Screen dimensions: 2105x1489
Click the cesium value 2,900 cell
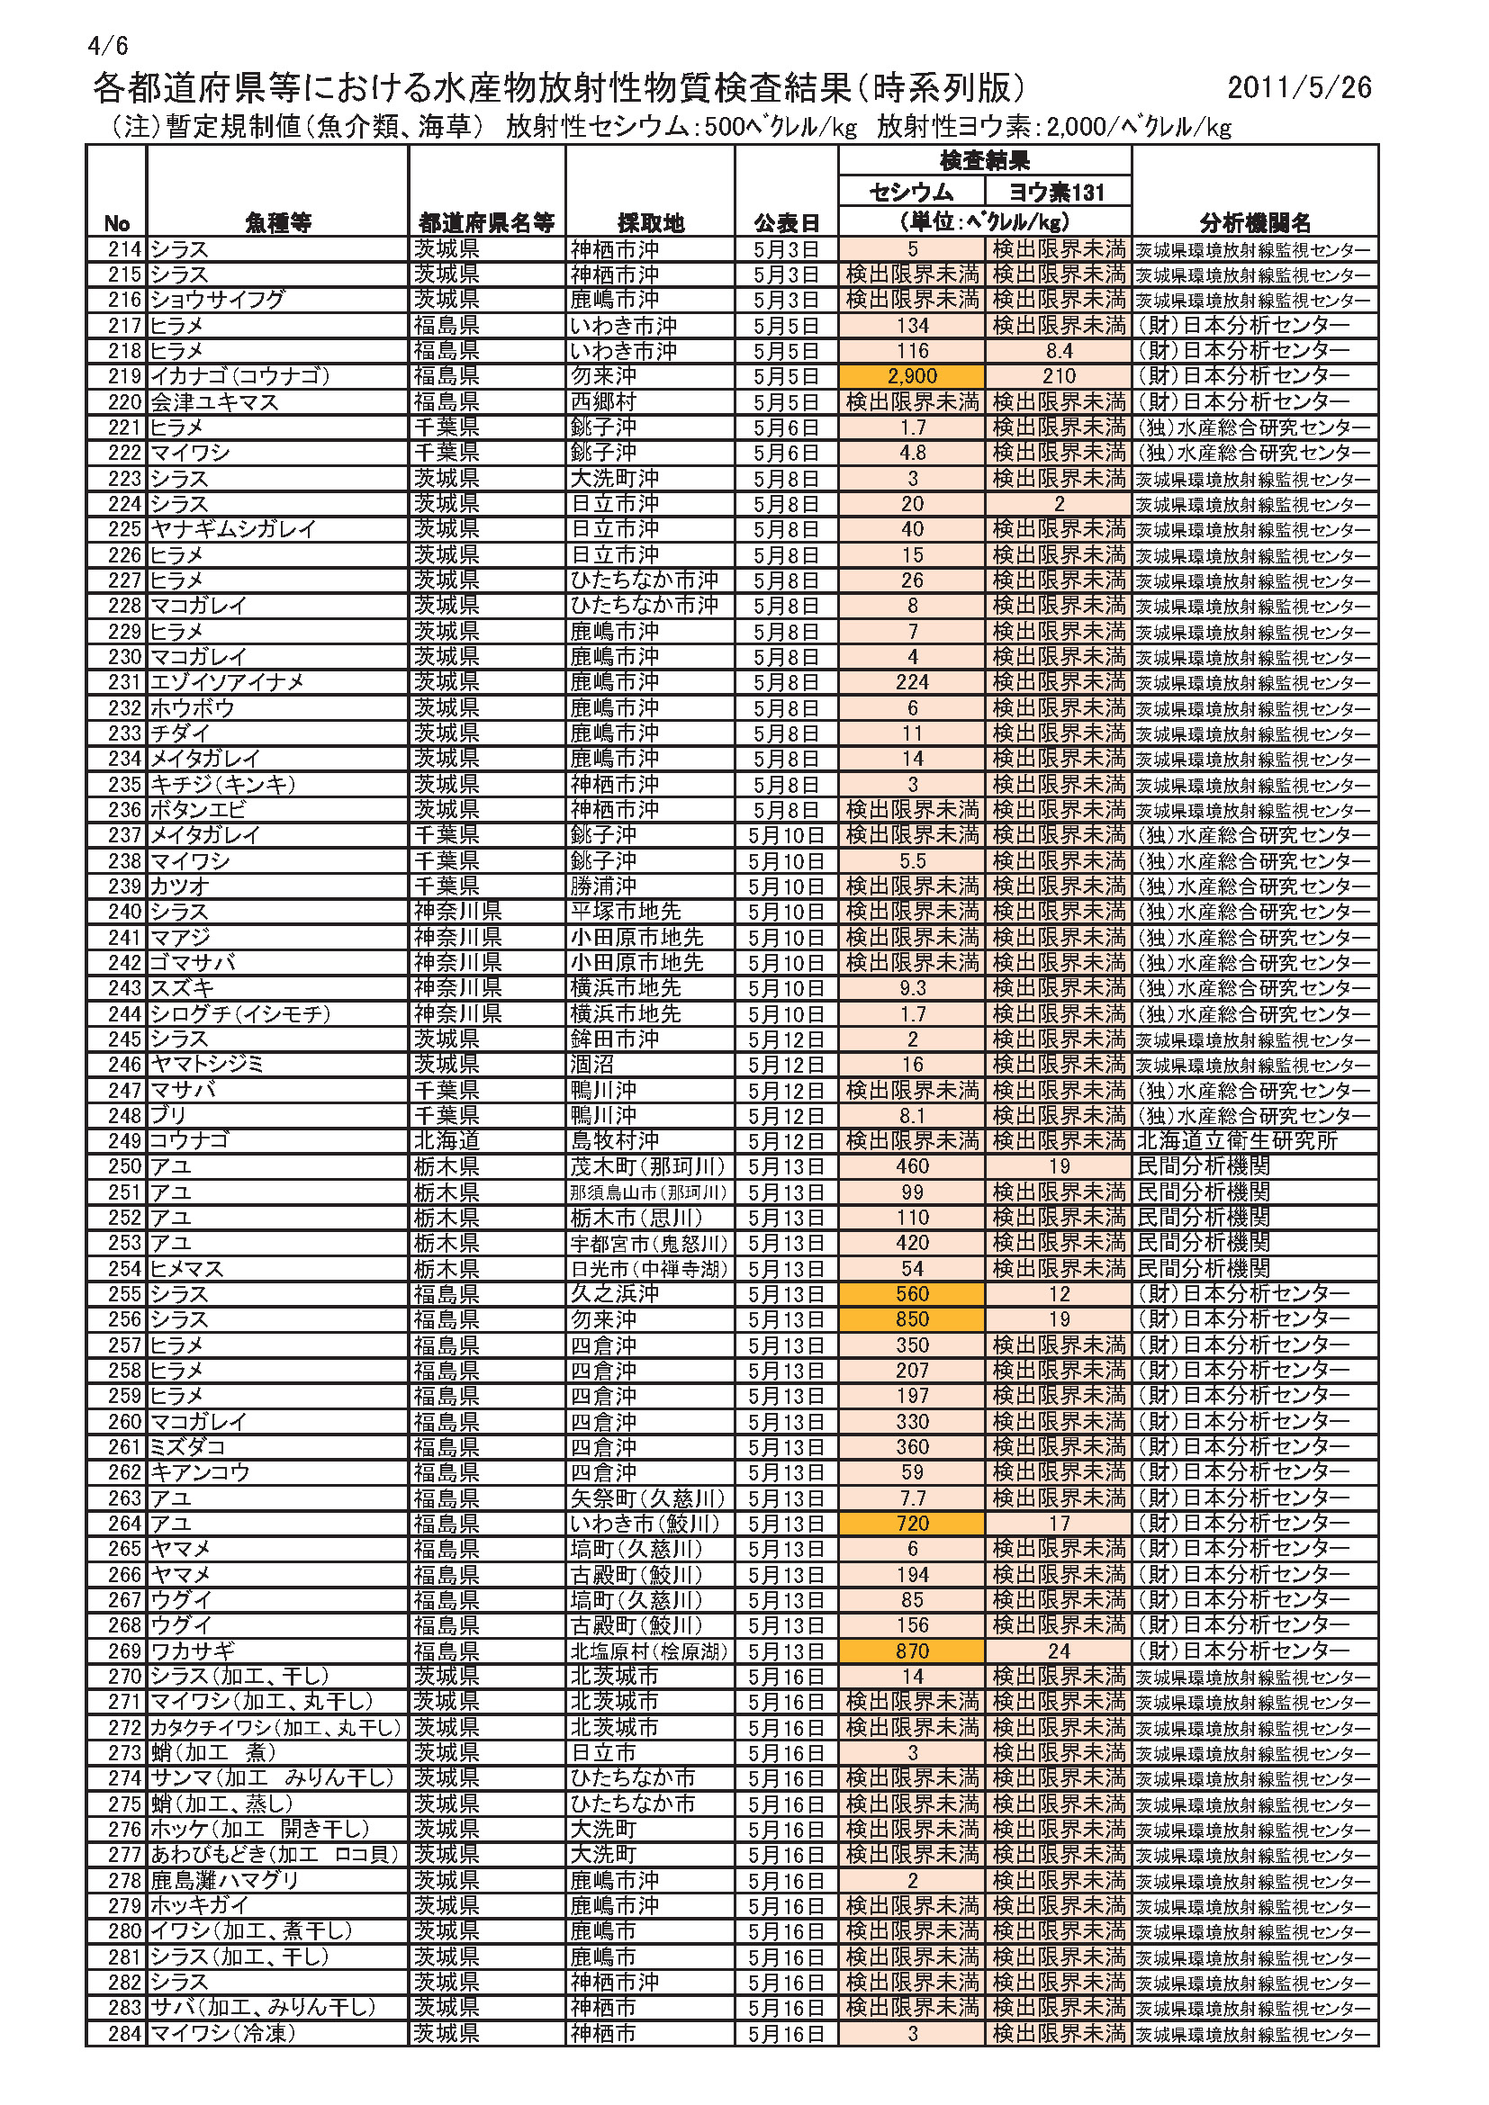coord(911,376)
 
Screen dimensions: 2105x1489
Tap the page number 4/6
coord(108,45)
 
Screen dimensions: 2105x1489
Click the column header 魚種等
coord(278,223)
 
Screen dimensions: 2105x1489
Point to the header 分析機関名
coord(1254,223)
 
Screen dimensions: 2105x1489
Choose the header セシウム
coord(911,192)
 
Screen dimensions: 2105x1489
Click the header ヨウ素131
coord(1058,192)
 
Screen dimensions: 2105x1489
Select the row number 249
coord(125,1140)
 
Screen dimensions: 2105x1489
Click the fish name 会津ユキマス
coord(214,401)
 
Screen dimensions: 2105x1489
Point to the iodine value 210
coord(1058,376)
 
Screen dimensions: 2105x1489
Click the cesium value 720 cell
coord(911,1524)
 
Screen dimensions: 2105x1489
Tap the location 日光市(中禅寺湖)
coord(649,1269)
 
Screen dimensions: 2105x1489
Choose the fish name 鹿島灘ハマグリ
coord(226,1881)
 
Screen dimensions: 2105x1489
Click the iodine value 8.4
coord(1058,350)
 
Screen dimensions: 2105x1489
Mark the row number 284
coord(125,2034)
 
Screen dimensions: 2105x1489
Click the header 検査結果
coord(985,161)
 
